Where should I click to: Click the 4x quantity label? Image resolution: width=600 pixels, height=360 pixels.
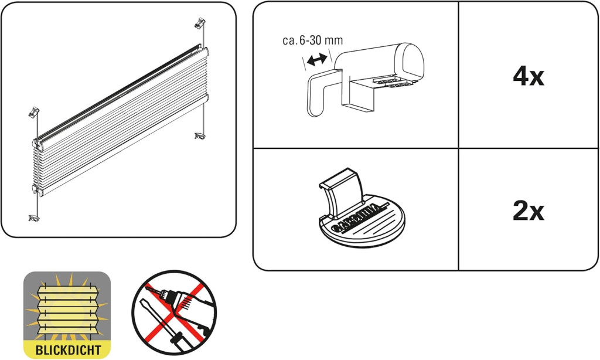(x=529, y=76)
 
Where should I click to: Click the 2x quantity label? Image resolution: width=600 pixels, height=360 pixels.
(x=529, y=210)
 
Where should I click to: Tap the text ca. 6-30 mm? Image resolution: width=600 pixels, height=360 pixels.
(x=313, y=40)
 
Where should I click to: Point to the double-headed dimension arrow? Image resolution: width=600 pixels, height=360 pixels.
(x=317, y=59)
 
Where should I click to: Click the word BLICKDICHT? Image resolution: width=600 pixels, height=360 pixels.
(x=68, y=349)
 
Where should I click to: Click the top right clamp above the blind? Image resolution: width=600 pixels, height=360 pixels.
(x=200, y=23)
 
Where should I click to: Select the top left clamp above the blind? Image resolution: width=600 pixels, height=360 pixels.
(x=34, y=112)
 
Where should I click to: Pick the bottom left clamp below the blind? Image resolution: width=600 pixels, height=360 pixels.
(x=34, y=218)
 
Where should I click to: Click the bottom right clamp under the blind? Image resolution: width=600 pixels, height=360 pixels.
(x=200, y=135)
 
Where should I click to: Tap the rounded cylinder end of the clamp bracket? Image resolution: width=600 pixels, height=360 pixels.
(x=410, y=62)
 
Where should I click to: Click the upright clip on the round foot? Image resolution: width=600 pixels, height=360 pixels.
(x=342, y=192)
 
